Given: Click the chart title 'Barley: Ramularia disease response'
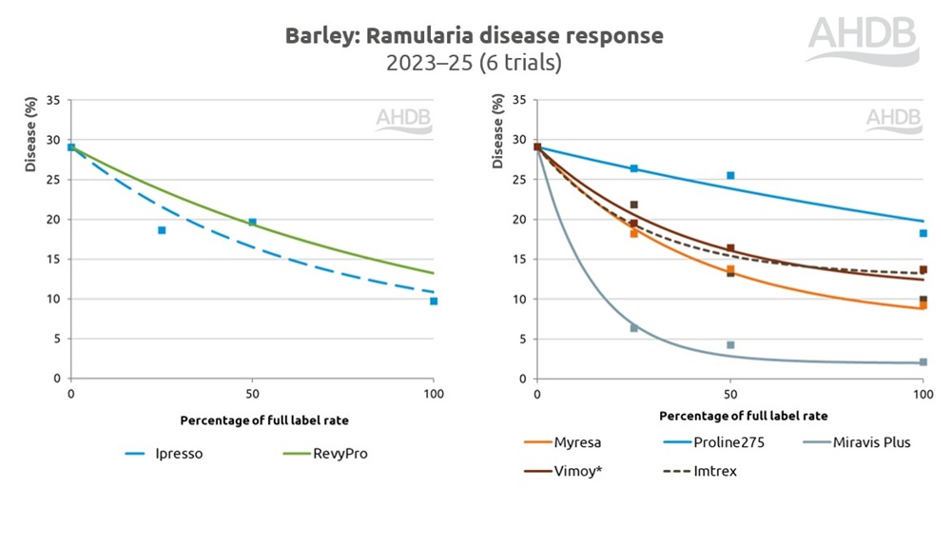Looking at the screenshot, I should click(474, 36).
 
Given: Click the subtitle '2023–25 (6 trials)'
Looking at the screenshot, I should click(474, 64).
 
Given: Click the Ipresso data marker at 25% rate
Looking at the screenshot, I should click(162, 230).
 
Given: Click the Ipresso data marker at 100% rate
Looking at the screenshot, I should click(434, 301).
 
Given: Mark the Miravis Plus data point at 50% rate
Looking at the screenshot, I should click(730, 344).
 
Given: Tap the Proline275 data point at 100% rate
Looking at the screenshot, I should click(922, 233).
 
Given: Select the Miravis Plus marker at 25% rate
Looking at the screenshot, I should click(633, 327).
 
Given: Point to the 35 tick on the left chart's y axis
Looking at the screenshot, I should click(54, 100).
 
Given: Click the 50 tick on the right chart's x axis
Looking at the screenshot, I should click(729, 393).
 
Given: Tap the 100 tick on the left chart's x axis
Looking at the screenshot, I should click(434, 393).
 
